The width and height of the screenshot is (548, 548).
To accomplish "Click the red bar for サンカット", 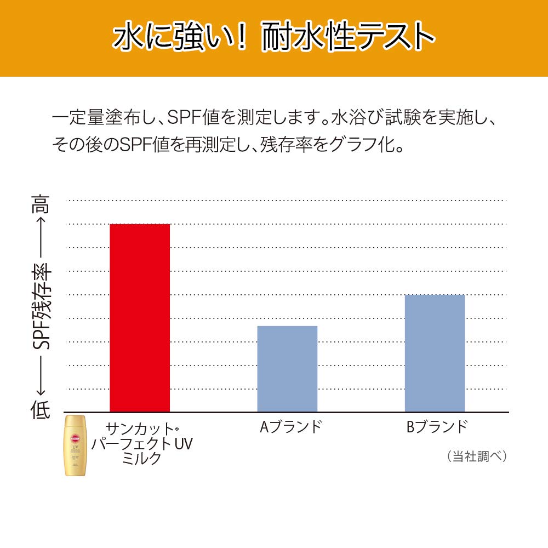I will (x=140, y=318).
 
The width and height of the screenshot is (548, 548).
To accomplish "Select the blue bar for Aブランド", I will (x=287, y=369).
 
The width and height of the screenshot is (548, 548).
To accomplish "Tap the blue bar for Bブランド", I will (x=435, y=353).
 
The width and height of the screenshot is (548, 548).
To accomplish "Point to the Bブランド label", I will (x=437, y=427).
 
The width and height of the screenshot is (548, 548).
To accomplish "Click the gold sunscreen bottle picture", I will (x=75, y=446).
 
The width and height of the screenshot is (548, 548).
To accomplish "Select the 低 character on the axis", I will (x=40, y=409).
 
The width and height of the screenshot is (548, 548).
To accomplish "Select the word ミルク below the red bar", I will (x=142, y=458).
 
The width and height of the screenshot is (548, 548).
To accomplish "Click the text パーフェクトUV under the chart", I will (x=142, y=443).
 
